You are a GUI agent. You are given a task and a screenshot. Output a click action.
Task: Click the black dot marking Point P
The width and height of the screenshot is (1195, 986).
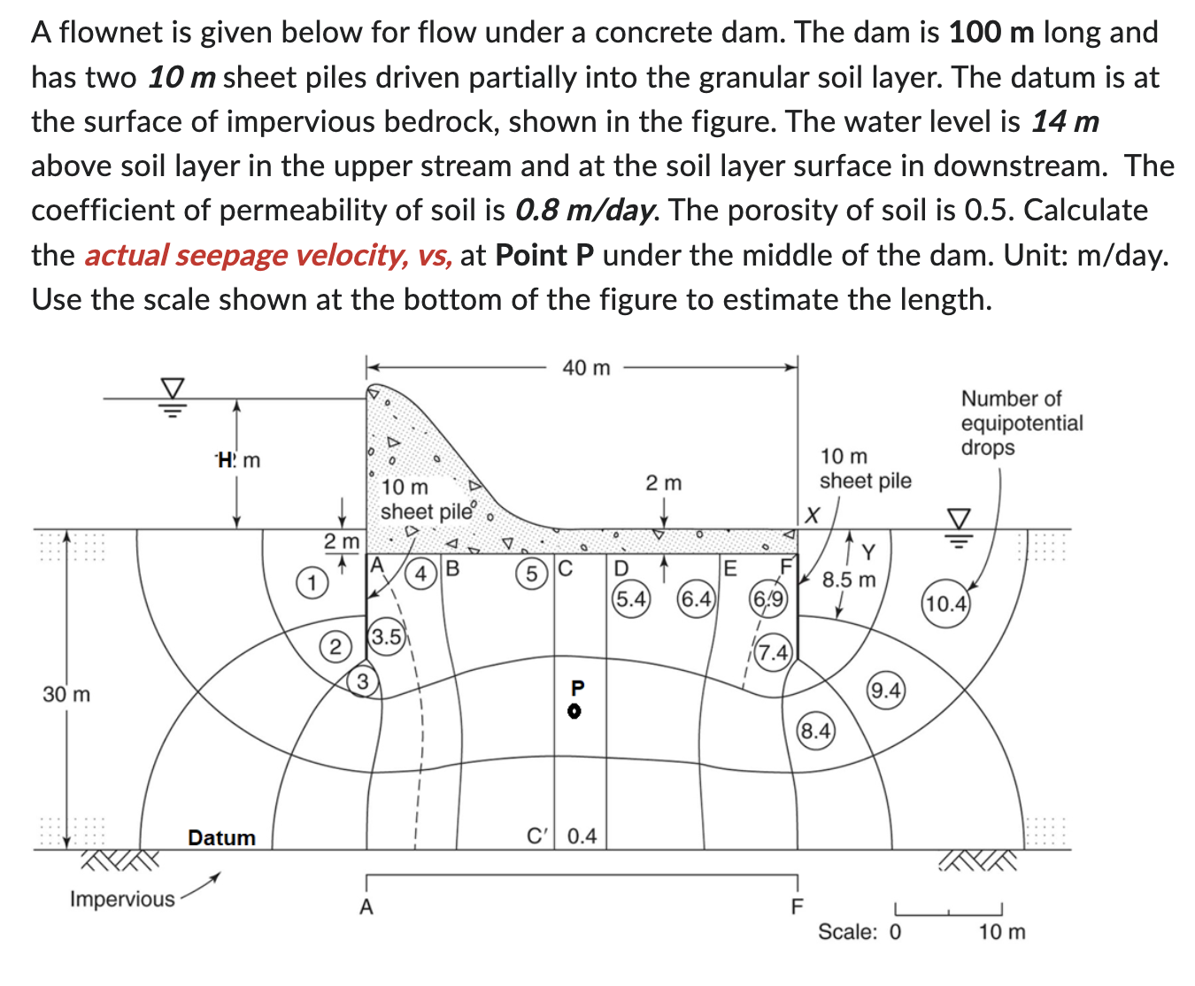pos(574,711)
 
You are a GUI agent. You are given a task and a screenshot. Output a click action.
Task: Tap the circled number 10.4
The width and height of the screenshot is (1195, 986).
pos(946,605)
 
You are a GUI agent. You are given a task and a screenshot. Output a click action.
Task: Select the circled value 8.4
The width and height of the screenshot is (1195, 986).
pos(815,731)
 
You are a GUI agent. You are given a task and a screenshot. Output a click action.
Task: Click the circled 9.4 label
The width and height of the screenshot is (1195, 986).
pos(886,690)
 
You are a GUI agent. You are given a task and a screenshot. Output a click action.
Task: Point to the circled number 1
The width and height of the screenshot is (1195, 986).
pos(311,582)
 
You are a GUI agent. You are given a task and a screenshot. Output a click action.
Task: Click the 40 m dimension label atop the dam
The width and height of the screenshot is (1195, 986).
pos(586,367)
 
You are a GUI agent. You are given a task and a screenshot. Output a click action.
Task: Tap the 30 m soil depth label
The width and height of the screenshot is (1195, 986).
pos(66,694)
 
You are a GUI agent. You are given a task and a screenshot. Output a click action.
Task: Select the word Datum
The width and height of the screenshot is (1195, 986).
pos(221,837)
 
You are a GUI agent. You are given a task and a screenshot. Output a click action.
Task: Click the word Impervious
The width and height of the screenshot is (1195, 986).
pos(122,899)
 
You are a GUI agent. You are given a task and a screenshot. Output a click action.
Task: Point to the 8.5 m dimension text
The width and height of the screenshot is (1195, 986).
pos(848,580)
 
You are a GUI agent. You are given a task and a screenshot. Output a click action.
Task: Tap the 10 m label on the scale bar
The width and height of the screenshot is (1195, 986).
pos(1002,932)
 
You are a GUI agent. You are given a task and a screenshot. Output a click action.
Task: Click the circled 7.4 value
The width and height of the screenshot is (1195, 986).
pos(773,653)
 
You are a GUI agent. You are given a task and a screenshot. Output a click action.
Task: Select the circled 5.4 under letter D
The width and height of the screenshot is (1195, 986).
pos(631,599)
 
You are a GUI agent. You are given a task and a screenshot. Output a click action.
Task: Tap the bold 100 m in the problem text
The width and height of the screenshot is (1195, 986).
pos(991,33)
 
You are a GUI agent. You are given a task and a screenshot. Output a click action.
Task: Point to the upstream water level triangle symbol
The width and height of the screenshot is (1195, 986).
pos(173,389)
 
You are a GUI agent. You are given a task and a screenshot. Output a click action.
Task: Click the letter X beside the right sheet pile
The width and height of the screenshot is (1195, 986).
pos(813,514)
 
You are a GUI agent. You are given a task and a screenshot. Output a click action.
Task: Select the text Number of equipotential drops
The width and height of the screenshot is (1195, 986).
pos(1022,422)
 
